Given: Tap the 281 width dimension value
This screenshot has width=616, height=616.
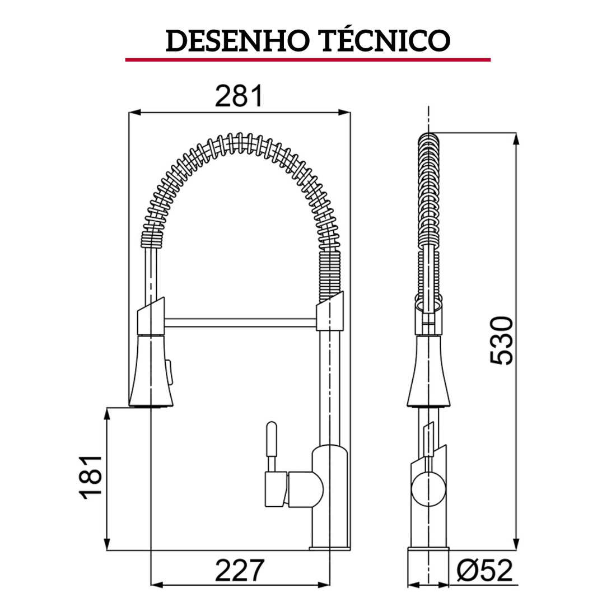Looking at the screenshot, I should (x=239, y=96).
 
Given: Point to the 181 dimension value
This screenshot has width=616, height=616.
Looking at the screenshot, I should (x=91, y=477).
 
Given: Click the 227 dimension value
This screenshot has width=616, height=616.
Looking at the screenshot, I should (x=239, y=571).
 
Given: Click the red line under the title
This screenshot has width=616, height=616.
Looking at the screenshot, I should (x=307, y=59).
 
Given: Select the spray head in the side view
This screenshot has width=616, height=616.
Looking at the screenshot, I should (x=428, y=372).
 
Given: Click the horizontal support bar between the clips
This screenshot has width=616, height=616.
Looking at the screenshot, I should (x=241, y=321).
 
